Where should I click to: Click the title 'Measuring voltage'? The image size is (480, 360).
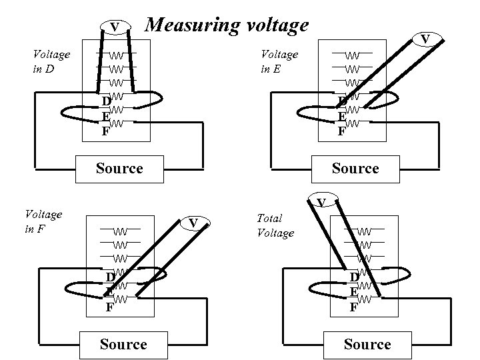(227, 25)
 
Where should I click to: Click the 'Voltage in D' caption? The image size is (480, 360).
(51, 61)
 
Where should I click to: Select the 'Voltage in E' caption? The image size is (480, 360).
(279, 61)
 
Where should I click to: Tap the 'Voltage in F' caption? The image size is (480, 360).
(43, 221)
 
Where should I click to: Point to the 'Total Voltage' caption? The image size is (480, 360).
(275, 225)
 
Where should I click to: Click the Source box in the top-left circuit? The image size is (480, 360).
(119, 168)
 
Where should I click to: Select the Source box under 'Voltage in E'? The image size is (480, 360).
(355, 168)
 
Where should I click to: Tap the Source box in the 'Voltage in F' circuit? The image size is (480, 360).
(123, 344)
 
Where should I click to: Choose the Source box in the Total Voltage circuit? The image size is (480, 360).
(367, 344)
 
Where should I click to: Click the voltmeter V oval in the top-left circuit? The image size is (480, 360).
(115, 27)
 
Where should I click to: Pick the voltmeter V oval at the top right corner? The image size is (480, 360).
(424, 39)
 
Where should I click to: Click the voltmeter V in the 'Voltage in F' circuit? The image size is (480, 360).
(193, 222)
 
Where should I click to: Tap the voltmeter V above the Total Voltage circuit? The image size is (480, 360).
(321, 202)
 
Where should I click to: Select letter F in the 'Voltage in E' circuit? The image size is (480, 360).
(341, 131)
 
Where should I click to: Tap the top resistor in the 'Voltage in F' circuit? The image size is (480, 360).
(120, 231)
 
